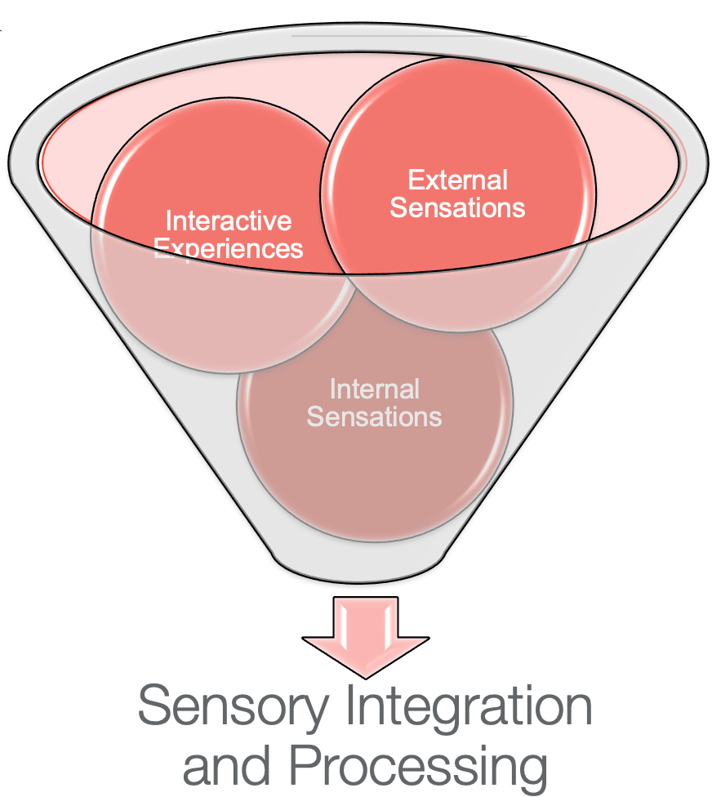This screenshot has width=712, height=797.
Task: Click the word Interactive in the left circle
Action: [x=229, y=220]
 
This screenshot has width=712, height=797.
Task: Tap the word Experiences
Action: [x=229, y=247]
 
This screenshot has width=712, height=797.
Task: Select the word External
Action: [x=457, y=180]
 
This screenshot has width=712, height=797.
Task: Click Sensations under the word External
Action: [x=457, y=207]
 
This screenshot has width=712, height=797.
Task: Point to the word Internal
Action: [x=374, y=389]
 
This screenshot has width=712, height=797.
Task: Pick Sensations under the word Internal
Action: [x=374, y=416]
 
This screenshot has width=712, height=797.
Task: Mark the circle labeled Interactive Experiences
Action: [x=196, y=310]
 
